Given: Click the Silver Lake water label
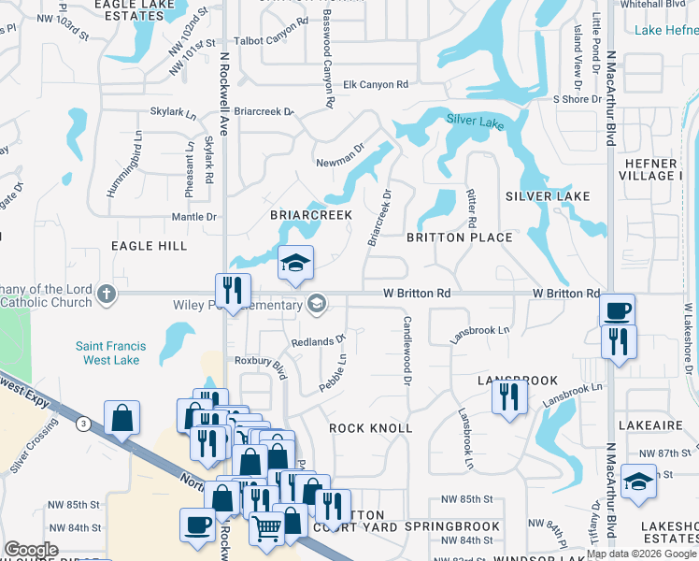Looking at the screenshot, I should tap(475, 122).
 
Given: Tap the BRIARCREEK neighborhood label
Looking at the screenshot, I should tap(311, 215).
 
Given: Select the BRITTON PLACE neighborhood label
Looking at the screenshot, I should tap(460, 237).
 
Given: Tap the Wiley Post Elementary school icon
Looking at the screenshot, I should tap(317, 303).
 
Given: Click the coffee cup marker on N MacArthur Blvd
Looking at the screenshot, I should tap(617, 310).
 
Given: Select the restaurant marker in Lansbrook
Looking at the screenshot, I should tap(509, 396).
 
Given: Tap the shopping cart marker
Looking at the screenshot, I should tap(266, 528).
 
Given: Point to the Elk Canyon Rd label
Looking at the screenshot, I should tap(376, 85).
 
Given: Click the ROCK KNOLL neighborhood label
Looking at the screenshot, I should tap(370, 428).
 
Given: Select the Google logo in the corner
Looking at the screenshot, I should tap(32, 549).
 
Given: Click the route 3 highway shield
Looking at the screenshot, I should tap(84, 424).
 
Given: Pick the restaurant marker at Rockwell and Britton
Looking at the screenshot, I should tap(232, 291).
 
